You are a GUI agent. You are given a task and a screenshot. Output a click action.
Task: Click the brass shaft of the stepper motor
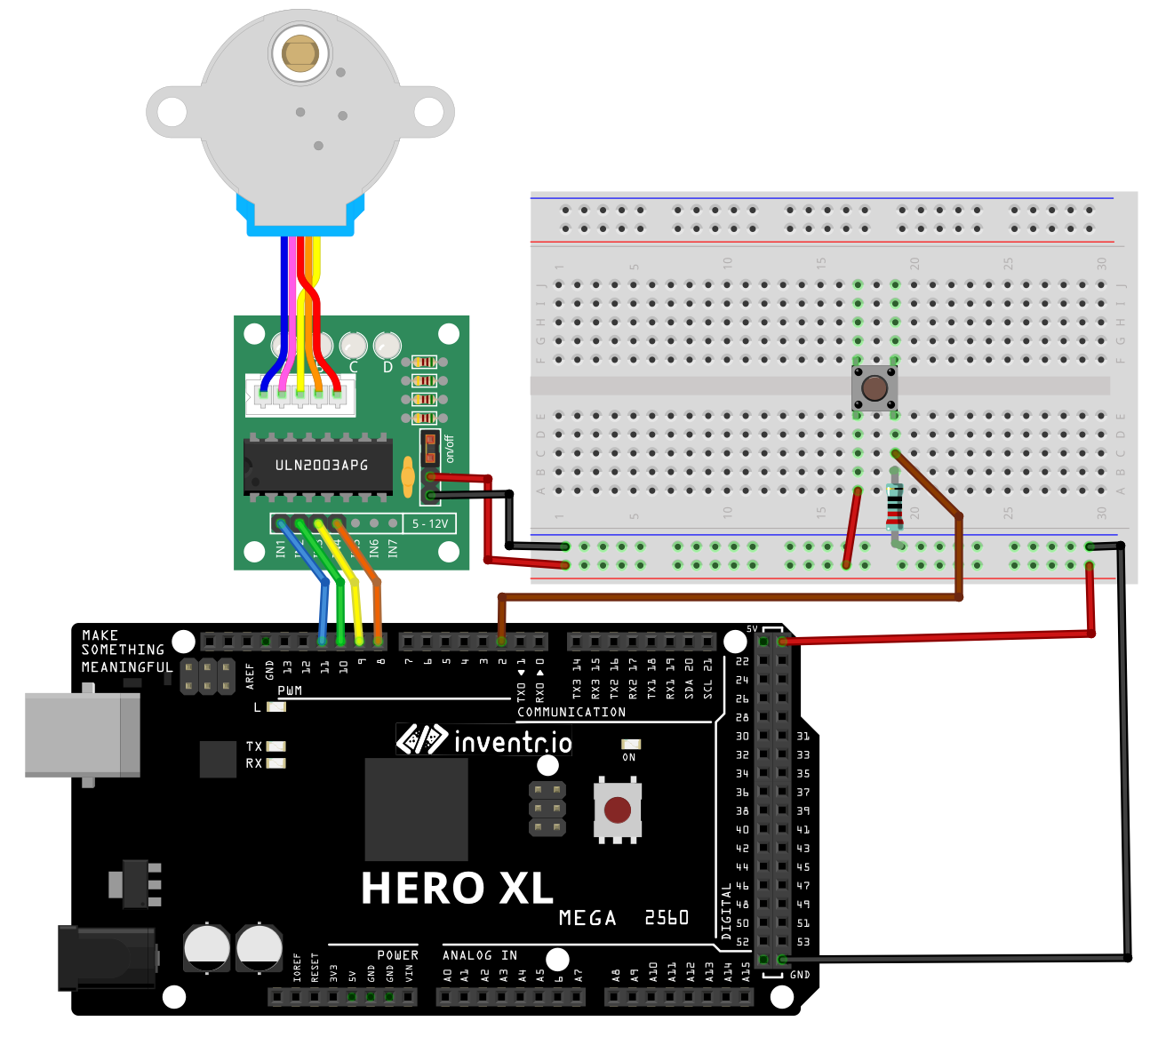coord(300,54)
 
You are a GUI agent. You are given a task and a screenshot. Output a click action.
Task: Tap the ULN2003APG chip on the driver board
coord(319,465)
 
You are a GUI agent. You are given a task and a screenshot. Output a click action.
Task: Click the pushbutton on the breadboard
coord(874,388)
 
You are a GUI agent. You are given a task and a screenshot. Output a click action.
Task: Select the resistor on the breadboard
coord(894,507)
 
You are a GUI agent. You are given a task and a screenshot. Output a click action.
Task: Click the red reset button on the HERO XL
coord(618,810)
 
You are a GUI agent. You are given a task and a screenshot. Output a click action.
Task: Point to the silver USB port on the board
coord(82,735)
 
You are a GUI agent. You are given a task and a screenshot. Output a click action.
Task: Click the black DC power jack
coord(107,957)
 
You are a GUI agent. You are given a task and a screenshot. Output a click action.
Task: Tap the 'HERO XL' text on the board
coord(457,888)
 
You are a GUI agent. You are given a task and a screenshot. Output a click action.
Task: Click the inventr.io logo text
coord(512,741)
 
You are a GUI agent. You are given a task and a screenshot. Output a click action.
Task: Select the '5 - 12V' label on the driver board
coord(430,523)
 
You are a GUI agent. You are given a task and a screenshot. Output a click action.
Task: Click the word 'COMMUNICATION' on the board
coord(571,712)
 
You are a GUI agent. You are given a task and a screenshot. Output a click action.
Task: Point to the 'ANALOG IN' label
coord(480,955)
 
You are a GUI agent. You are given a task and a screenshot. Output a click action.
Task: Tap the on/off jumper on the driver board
coord(430,448)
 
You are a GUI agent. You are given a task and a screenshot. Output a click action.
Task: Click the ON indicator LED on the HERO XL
coord(630,744)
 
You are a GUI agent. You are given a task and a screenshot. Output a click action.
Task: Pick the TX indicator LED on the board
coord(276,746)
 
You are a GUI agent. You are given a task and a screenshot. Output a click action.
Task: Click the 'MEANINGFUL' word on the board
coord(127,666)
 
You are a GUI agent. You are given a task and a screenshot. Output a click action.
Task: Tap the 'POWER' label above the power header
coord(397,955)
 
